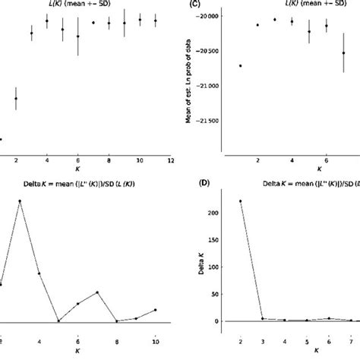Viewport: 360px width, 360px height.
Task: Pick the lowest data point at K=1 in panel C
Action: tap(241, 66)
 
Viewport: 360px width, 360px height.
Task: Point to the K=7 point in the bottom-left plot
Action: tap(97, 292)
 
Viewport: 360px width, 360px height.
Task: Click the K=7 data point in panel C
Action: tap(343, 53)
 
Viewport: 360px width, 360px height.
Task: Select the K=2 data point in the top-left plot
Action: tap(16, 98)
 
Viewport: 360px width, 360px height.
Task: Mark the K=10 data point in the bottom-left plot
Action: tap(155, 310)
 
